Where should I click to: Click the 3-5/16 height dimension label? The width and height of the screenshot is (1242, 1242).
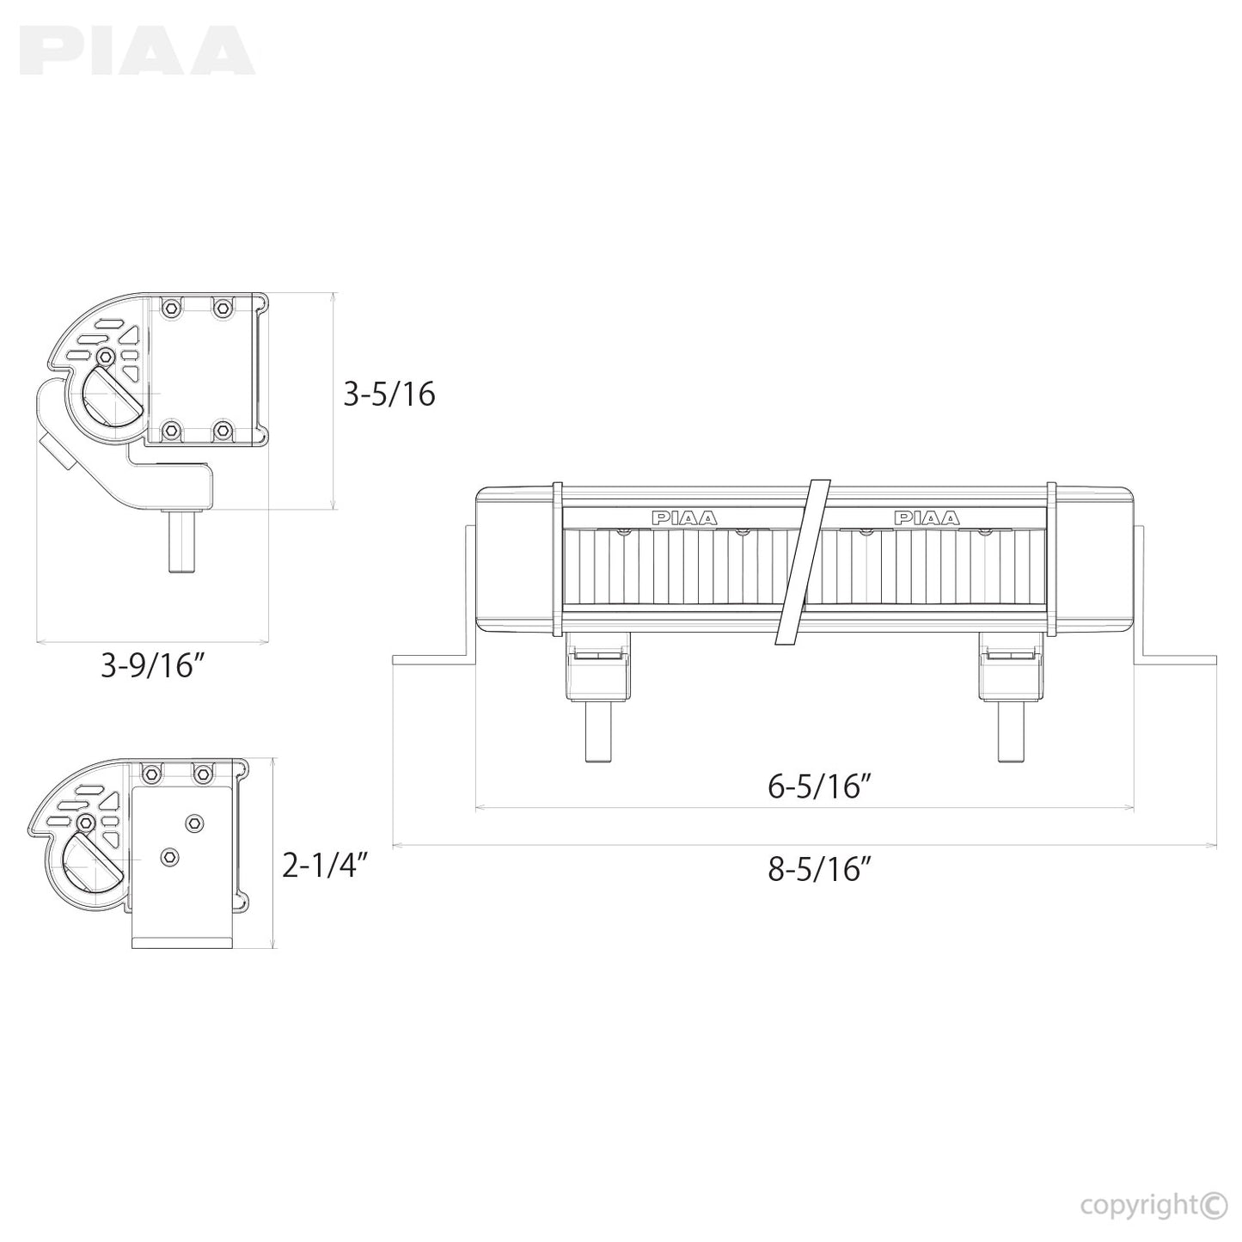pyautogui.click(x=389, y=395)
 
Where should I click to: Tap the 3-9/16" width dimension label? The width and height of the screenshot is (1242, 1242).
pyautogui.click(x=153, y=666)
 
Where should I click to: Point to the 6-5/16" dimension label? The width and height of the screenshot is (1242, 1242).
pyautogui.click(x=820, y=787)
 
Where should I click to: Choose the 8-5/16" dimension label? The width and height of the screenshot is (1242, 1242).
pyautogui.click(x=820, y=869)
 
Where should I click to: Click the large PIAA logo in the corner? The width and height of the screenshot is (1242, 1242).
pyautogui.click(x=140, y=50)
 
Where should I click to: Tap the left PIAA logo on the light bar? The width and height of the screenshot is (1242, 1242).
pyautogui.click(x=684, y=517)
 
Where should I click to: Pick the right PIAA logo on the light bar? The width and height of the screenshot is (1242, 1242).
pyautogui.click(x=927, y=517)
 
